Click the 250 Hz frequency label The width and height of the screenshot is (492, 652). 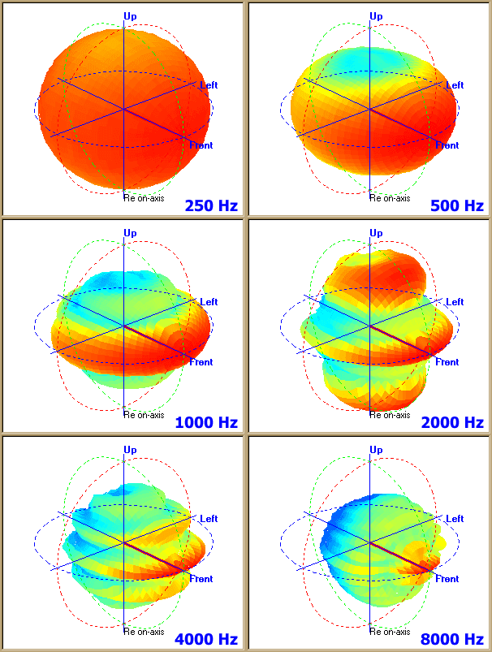tap(211, 205)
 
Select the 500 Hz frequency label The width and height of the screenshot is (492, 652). tap(457, 205)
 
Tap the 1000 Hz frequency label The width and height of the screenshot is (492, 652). tap(206, 422)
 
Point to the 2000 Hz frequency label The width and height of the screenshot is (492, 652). tap(452, 422)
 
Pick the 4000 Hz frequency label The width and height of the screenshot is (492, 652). tap(206, 639)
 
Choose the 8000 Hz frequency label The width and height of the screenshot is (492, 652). tap(452, 639)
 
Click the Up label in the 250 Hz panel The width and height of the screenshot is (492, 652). tap(130, 15)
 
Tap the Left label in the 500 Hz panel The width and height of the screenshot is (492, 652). tap(455, 85)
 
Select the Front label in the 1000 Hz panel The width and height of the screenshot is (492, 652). tap(201, 362)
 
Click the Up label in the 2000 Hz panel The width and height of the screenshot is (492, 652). tap(376, 233)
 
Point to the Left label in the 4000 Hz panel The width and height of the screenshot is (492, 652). tap(209, 519)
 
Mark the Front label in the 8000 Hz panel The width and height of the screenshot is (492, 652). tap(447, 579)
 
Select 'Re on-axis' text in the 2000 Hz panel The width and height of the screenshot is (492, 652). tap(390, 414)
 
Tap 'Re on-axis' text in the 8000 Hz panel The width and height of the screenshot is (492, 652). tap(390, 631)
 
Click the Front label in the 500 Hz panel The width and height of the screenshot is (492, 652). tap(447, 145)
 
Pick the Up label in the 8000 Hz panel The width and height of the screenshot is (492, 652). tap(376, 450)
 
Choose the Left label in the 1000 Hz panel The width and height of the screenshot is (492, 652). tap(209, 302)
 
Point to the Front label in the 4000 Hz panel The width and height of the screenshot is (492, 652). tap(201, 579)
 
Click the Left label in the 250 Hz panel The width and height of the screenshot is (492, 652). tap(209, 85)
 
